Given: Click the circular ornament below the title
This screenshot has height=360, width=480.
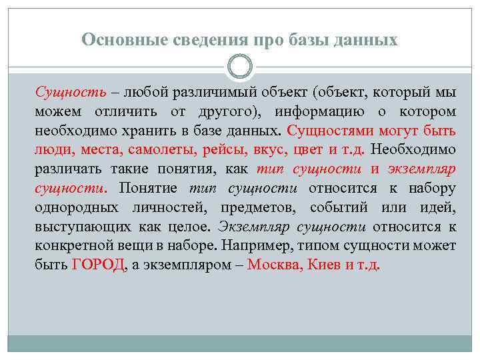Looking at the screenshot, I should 240,67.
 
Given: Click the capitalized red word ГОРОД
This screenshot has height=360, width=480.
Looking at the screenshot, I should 97,265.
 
